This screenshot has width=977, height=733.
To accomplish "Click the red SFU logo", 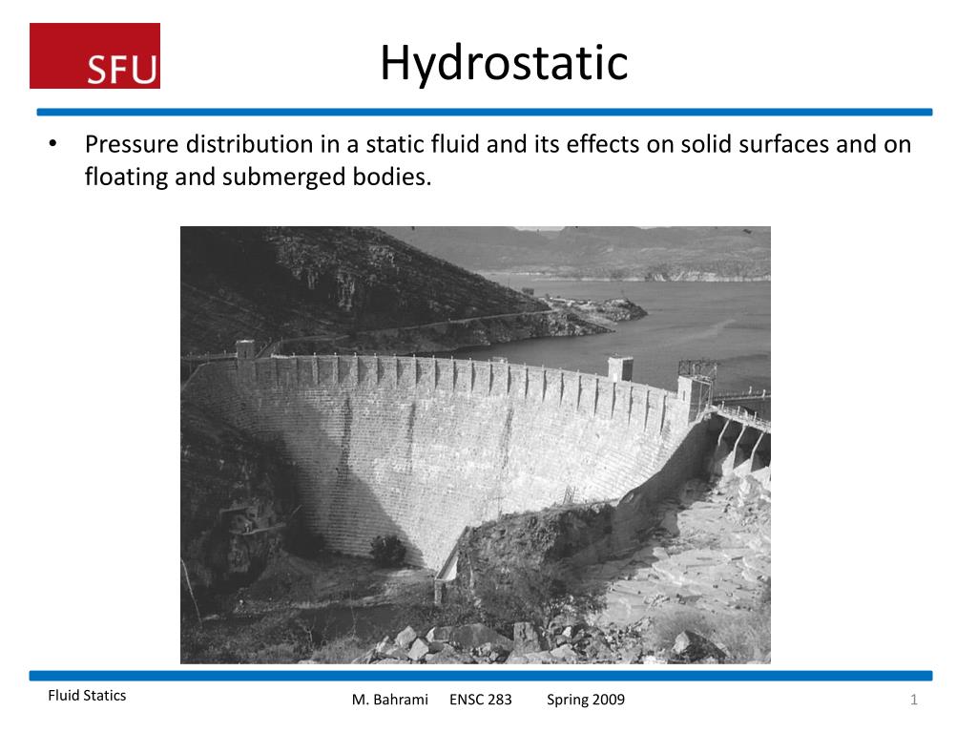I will tap(94, 56).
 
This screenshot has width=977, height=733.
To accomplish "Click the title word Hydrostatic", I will tap(504, 63).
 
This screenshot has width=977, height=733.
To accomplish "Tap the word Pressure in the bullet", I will tap(132, 144).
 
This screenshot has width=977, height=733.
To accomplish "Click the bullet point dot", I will tap(54, 144).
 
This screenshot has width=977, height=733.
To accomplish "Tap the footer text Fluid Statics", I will tap(87, 696).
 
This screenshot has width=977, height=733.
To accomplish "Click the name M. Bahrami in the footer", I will tap(390, 700).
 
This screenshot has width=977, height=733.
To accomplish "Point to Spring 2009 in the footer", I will tap(586, 700).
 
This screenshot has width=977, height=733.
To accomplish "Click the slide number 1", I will tap(913, 701).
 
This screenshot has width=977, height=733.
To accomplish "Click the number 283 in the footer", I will tap(500, 700).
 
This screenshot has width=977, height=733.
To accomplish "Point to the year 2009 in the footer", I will tap(608, 700).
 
